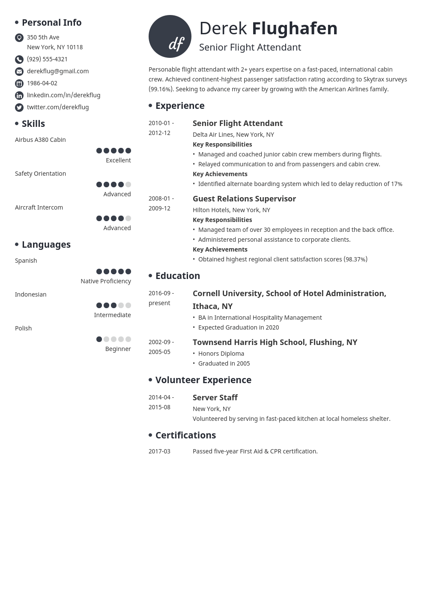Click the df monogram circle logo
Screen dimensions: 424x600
click(170, 36)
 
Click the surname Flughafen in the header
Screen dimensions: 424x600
click(295, 29)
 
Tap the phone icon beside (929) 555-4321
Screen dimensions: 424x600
click(19, 60)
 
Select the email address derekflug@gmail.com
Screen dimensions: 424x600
click(58, 71)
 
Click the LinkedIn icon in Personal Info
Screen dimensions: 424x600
click(19, 96)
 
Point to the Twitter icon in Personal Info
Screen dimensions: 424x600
click(19, 108)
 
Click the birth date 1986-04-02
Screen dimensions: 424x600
click(42, 83)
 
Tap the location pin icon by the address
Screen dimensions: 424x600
click(19, 38)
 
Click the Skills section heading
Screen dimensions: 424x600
click(33, 124)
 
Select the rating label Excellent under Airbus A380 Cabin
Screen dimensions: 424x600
click(118, 160)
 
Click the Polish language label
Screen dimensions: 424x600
click(24, 328)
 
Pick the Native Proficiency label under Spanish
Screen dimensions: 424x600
click(106, 281)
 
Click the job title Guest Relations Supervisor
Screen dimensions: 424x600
click(244, 199)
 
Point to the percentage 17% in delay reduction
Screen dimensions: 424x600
click(397, 184)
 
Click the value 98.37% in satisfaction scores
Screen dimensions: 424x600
click(355, 259)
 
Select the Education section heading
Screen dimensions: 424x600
click(178, 276)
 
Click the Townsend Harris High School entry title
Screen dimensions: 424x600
click(275, 342)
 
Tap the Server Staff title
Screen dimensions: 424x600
click(215, 398)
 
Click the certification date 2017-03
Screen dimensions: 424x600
click(159, 451)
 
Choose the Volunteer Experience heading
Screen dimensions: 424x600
click(203, 380)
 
